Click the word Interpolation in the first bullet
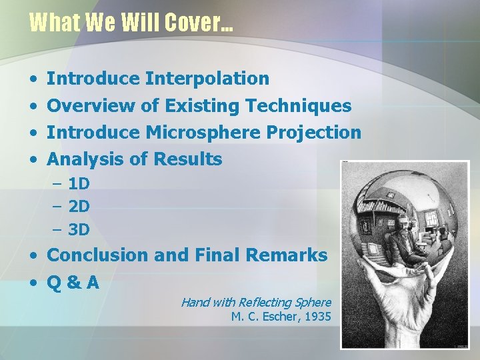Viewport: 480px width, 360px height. coord(208,79)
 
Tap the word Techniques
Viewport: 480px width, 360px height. coord(298,105)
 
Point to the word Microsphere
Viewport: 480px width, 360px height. coord(203,132)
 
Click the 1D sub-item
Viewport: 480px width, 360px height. coord(79,183)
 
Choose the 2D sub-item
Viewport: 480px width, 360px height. coord(79,207)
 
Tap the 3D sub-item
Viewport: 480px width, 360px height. coord(79,230)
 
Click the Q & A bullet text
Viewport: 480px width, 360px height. coord(73,283)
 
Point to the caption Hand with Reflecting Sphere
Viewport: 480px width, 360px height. coord(256,302)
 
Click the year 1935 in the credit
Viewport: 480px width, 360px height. coord(317,317)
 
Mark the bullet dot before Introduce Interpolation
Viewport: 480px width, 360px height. coord(33,79)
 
